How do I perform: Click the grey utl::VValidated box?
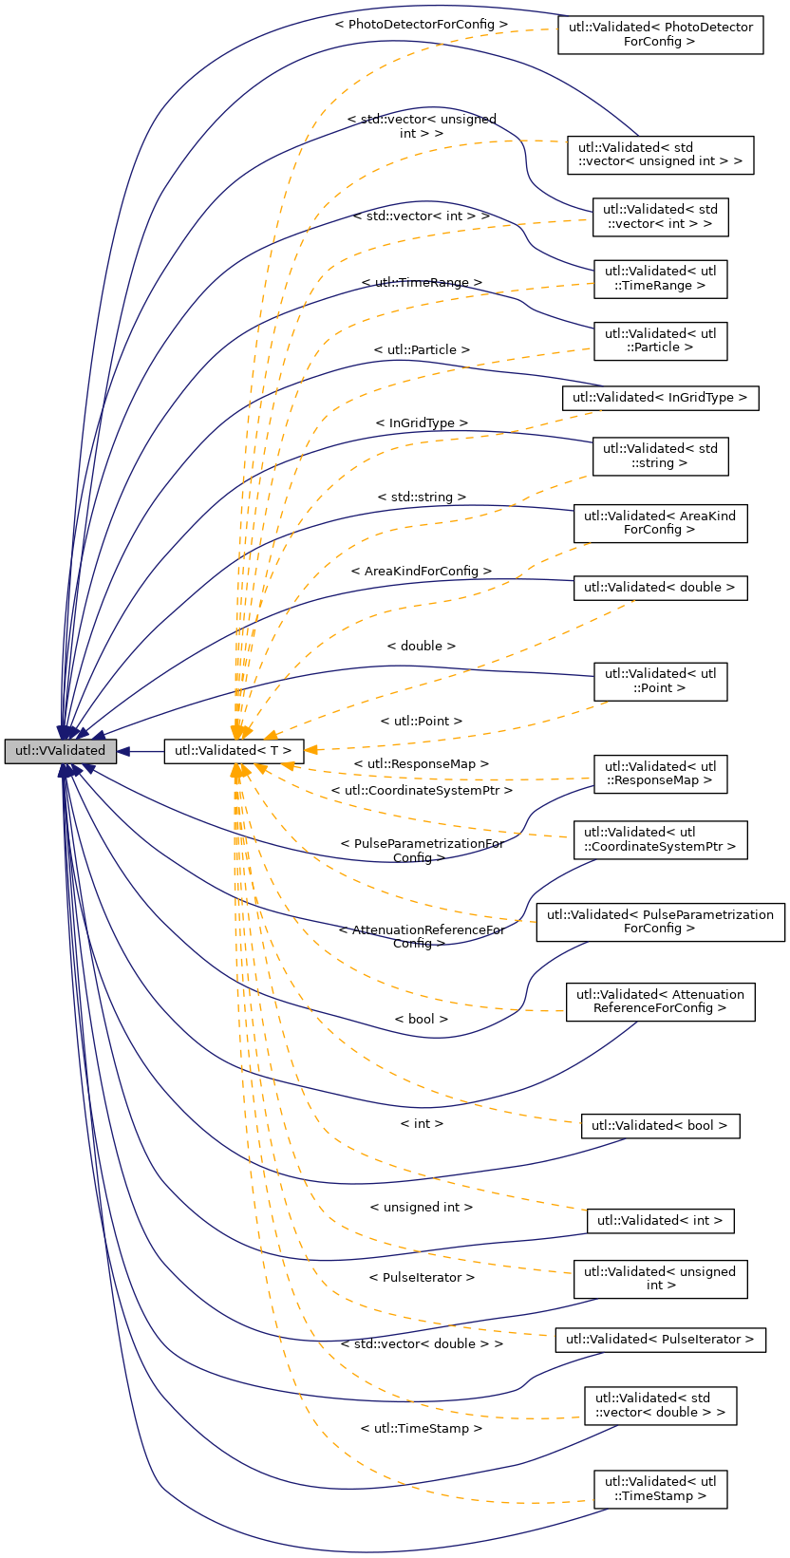point(61,751)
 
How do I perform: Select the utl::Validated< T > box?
point(234,751)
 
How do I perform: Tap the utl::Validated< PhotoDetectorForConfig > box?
point(660,34)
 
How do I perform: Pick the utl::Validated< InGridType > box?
point(660,398)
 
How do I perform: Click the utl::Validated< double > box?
point(660,588)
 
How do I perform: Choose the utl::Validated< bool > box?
point(660,1126)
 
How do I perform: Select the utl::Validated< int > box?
point(660,1220)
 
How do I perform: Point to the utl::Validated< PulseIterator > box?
point(660,1340)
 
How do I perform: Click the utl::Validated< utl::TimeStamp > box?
point(660,1489)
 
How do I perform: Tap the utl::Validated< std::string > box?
point(660,456)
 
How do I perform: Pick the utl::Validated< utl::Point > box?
point(660,681)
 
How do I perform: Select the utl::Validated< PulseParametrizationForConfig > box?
point(660,922)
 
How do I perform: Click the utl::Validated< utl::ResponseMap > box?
point(660,773)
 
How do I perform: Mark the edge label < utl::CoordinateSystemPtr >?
point(422,790)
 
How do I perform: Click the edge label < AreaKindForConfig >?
point(422,572)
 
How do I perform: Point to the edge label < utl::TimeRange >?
point(422,283)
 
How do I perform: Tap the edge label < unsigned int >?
point(422,1208)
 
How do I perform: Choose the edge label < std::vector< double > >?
point(422,1344)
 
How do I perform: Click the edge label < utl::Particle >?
point(422,350)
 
